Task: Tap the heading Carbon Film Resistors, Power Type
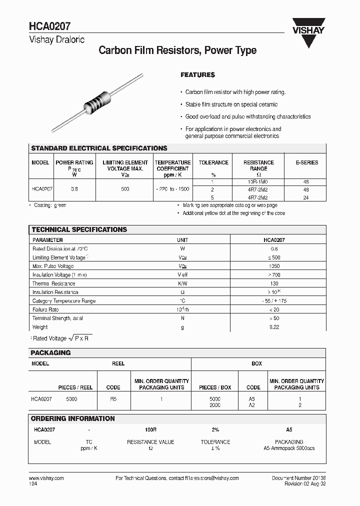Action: pos(177,50)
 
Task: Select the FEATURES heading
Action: pos(197,75)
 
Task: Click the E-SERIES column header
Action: pos(306,162)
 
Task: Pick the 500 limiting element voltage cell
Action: pos(125,189)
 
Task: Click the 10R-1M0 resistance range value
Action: pos(258,182)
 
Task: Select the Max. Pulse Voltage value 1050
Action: pos(274,266)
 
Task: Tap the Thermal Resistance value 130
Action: pos(274,283)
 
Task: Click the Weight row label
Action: pos(40,327)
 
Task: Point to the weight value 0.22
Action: pos(274,327)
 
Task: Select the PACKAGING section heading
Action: pos(51,352)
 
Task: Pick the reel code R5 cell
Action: pos(113,399)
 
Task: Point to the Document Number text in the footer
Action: pos(298,478)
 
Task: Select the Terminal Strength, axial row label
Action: pos(57,318)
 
